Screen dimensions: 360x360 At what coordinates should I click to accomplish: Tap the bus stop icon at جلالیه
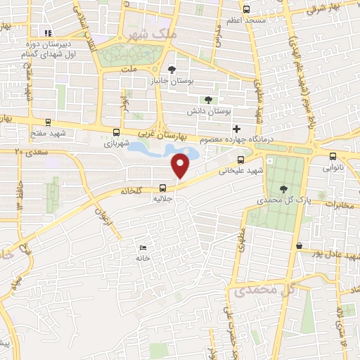tap(163, 188)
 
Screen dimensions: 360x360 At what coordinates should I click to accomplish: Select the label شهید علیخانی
tap(240, 170)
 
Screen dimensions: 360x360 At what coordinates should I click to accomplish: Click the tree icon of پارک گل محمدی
tap(283, 188)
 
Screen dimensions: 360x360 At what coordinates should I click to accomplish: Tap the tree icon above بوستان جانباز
tap(172, 69)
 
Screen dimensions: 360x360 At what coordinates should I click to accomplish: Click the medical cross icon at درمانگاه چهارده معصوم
tap(236, 129)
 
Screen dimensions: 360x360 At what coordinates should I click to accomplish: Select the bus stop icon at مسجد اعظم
tap(246, 10)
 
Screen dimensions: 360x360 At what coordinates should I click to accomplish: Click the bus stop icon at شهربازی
tap(117, 131)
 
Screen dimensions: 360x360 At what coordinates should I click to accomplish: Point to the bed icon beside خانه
tap(143, 247)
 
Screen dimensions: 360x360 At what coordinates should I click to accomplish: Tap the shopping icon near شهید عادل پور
tap(300, 246)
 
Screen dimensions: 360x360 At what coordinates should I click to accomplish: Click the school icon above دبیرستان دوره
tap(48, 32)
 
